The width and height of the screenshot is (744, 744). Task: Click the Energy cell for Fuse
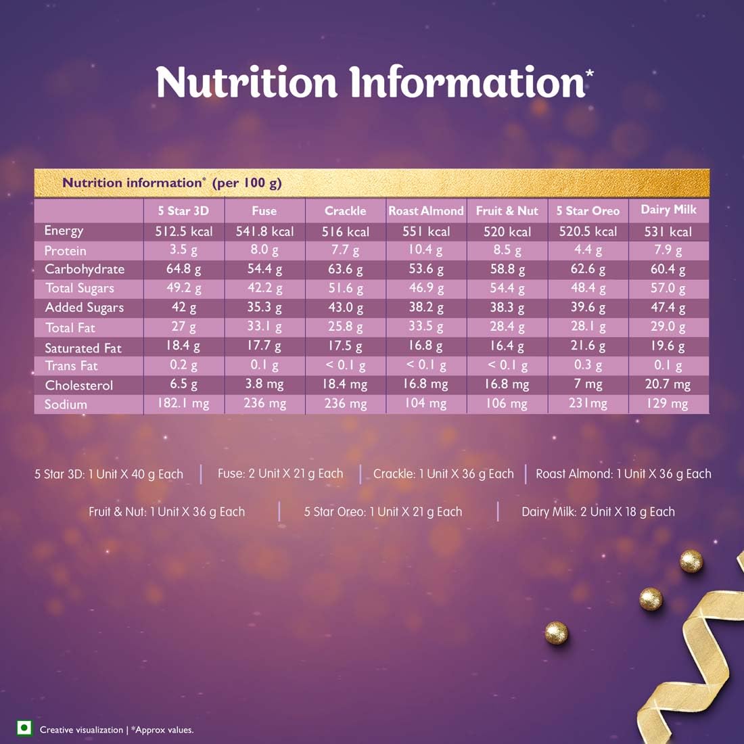click(x=264, y=231)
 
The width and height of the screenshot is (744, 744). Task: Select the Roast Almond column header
click(x=426, y=211)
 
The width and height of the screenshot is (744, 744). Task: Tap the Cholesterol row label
click(x=79, y=386)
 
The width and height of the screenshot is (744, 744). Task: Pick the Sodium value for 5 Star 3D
click(x=183, y=404)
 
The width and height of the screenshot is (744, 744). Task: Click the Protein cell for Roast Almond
click(x=426, y=250)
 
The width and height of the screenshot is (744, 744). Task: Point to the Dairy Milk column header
click(x=668, y=210)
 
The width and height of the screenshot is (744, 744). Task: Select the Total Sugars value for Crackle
click(x=346, y=288)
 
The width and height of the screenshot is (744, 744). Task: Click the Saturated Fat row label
click(x=83, y=348)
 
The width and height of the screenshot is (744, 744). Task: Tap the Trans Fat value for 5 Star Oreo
click(x=588, y=365)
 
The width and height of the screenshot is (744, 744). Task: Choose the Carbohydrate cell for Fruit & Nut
click(x=507, y=269)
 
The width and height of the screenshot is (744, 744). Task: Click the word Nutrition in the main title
click(x=246, y=83)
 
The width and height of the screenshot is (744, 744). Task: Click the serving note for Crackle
click(x=444, y=473)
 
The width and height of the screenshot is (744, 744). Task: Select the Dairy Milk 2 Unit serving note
click(x=598, y=512)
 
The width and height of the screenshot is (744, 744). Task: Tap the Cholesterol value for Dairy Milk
click(x=668, y=384)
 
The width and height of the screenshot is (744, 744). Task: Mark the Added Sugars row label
click(x=85, y=308)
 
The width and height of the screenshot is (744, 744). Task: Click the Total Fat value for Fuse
click(x=264, y=327)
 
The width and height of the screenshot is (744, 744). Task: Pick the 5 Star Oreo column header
click(x=588, y=211)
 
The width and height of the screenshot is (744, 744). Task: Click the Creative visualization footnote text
click(x=81, y=730)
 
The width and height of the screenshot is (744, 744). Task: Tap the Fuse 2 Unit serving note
click(x=280, y=473)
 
